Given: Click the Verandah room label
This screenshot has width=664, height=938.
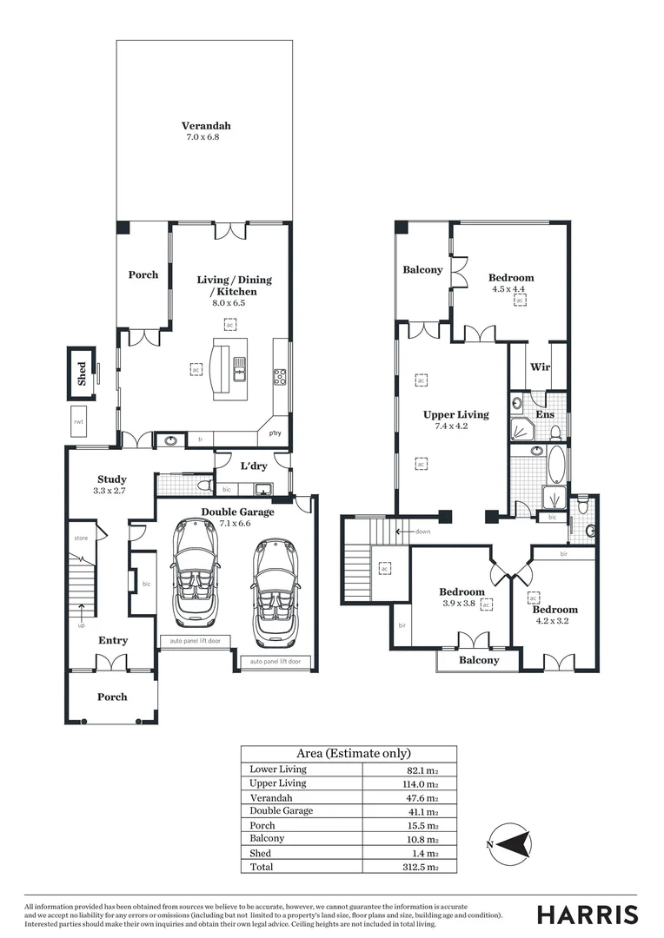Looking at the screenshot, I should pyautogui.click(x=206, y=125).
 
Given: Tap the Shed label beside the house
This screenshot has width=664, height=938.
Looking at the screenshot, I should pyautogui.click(x=82, y=373).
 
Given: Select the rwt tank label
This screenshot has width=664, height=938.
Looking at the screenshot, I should pyautogui.click(x=78, y=421).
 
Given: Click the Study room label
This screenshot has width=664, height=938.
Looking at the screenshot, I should pyautogui.click(x=112, y=479).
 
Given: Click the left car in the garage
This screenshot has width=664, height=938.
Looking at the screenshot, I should pyautogui.click(x=196, y=572).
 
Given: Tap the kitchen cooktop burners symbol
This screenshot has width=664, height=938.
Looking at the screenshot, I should pyautogui.click(x=281, y=376).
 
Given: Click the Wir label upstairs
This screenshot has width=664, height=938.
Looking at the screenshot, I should pyautogui.click(x=539, y=367).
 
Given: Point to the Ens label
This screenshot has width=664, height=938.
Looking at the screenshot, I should pyautogui.click(x=545, y=416).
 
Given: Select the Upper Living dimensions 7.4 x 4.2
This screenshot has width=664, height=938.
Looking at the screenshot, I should pyautogui.click(x=455, y=426).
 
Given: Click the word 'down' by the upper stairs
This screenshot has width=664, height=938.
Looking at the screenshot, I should pyautogui.click(x=423, y=532).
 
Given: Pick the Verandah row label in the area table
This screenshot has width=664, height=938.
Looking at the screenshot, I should pyautogui.click(x=271, y=797).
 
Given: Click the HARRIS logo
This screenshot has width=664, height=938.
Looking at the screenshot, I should pyautogui.click(x=588, y=915).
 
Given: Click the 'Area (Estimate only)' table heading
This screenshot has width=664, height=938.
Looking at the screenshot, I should pyautogui.click(x=348, y=754).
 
